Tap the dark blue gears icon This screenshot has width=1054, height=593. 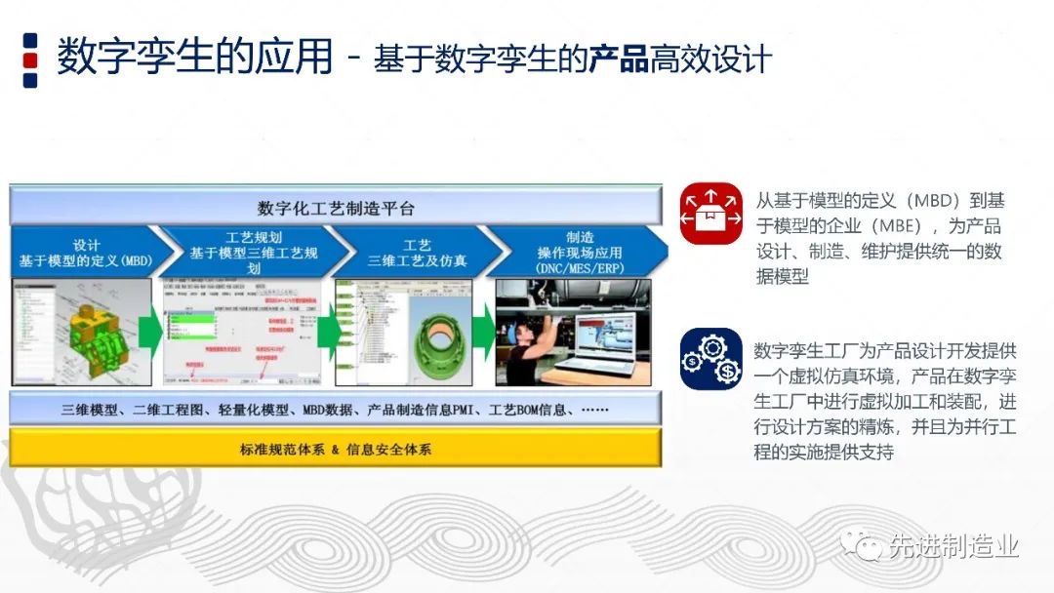[710, 359]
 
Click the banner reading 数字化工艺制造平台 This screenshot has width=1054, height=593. [336, 208]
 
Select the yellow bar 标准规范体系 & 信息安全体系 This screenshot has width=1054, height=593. [335, 450]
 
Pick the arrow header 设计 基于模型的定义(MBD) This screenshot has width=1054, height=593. [86, 253]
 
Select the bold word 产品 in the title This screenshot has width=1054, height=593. [619, 59]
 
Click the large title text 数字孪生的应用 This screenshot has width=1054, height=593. [194, 57]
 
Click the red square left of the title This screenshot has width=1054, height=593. [30, 59]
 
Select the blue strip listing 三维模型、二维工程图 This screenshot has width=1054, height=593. [335, 410]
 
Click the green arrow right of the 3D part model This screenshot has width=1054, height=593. [150, 333]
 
